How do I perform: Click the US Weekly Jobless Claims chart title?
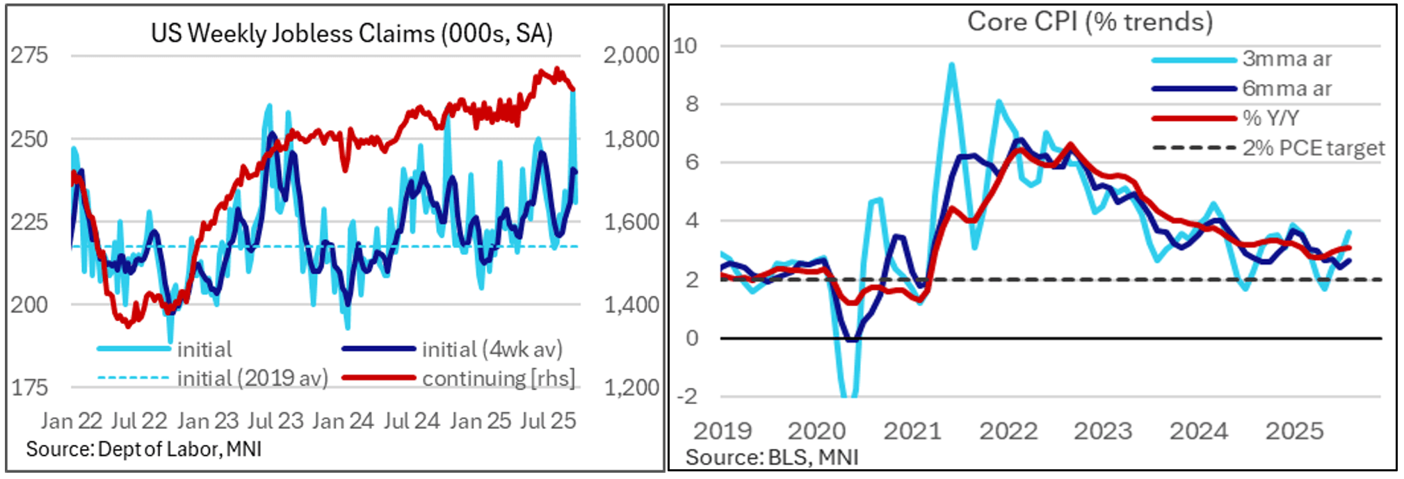pyautogui.click(x=351, y=33)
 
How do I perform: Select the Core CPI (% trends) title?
pyautogui.click(x=1090, y=22)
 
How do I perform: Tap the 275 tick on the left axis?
pyautogui.click(x=29, y=55)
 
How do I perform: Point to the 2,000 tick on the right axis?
pyautogui.click(x=631, y=55)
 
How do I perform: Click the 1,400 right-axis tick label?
pyautogui.click(x=631, y=305)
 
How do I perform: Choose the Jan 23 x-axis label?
pyautogui.click(x=208, y=421)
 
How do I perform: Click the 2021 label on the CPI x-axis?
pyautogui.click(x=912, y=431)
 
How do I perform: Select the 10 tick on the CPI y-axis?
pyautogui.click(x=685, y=46)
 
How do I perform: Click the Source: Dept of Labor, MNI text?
pyautogui.click(x=144, y=449)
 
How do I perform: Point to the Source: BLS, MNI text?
pyautogui.click(x=772, y=457)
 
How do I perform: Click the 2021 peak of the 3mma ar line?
pyautogui.click(x=951, y=65)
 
